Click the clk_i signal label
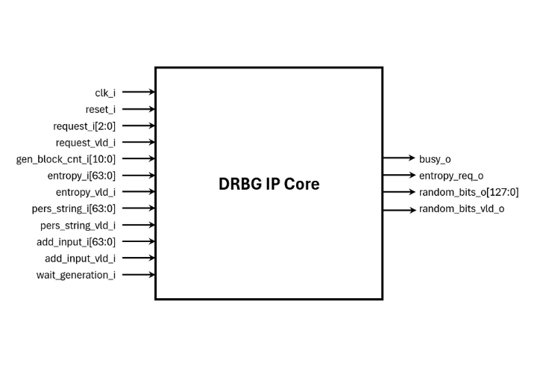click(105, 93)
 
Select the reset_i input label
click(101, 109)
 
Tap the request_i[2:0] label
click(84, 126)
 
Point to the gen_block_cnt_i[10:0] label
click(66, 158)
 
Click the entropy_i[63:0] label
click(81, 176)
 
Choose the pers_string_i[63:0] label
click(73, 208)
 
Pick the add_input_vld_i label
click(81, 258)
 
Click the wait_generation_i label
click(76, 275)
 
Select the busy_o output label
click(435, 159)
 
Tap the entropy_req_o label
click(451, 176)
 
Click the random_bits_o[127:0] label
click(468, 192)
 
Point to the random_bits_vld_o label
click(462, 208)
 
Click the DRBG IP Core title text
click(268, 183)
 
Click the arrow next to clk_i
click(139, 92)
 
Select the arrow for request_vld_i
click(139, 142)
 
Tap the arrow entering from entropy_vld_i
click(139, 192)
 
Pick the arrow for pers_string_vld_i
click(139, 225)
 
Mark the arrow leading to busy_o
click(399, 158)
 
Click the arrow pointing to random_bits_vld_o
click(399, 208)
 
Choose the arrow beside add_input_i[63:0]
click(139, 241)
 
